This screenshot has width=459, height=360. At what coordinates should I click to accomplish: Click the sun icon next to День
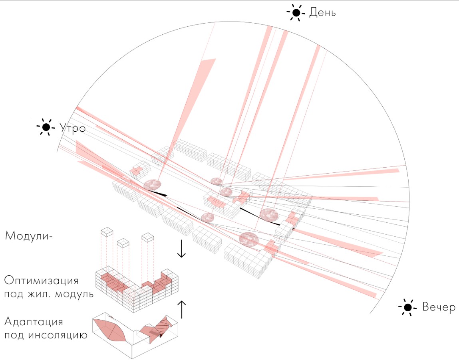296,13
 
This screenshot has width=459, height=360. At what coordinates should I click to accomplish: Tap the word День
322,13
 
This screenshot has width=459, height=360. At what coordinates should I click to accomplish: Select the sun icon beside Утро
46,127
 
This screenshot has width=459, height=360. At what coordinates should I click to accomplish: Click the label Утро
72,128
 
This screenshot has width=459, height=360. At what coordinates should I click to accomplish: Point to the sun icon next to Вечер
407,307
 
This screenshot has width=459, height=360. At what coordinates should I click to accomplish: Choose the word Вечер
439,307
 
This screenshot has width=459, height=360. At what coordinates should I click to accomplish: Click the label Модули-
29,236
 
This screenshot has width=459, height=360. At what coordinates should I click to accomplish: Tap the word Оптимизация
42,281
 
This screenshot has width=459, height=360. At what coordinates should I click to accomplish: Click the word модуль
74,294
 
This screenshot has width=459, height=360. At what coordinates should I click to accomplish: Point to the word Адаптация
34,322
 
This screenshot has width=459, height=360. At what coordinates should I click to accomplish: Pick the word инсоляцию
58,335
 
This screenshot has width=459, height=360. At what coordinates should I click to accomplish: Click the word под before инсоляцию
14,335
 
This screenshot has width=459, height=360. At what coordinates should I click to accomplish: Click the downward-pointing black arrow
181,249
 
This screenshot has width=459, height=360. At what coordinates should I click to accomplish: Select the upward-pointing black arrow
182,310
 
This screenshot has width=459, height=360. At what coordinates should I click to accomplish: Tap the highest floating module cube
107,232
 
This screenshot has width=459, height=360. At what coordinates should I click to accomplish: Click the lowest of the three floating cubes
123,243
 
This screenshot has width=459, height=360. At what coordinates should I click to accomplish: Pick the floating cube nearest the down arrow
147,237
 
